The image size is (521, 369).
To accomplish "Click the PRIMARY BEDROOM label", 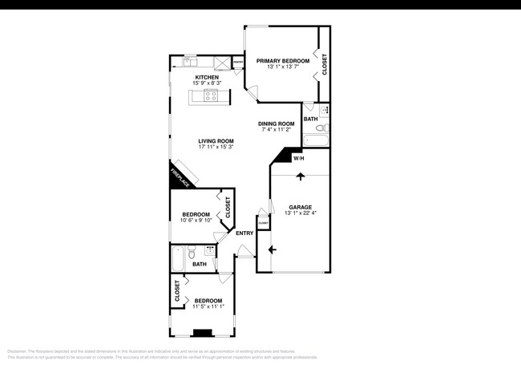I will (282, 60).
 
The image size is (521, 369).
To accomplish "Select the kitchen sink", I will (191, 61).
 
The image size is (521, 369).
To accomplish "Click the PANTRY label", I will (238, 60).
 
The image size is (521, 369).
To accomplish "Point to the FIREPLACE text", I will (180, 176).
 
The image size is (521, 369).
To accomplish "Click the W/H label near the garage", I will (298, 158).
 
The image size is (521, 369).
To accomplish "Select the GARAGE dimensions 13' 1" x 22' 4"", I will (301, 213).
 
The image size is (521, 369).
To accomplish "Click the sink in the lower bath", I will (210, 249).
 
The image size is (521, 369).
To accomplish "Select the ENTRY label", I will (244, 233).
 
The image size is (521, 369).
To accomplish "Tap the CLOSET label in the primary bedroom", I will (325, 64).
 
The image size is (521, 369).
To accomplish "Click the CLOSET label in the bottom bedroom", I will (177, 291).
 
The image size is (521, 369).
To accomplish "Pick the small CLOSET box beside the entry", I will (262, 224).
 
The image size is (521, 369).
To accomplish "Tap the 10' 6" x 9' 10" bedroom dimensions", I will (196, 221).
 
